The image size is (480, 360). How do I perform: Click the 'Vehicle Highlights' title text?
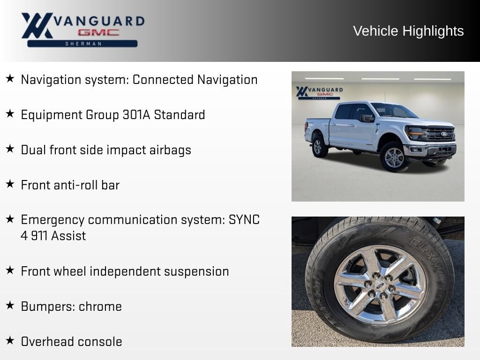(x=408, y=31)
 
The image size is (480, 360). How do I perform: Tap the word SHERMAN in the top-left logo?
(x=83, y=44)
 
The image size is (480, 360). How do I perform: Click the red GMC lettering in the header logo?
(x=98, y=32)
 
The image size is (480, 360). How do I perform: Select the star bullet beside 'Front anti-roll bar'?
(x=10, y=184)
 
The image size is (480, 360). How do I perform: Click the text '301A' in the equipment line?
(x=136, y=115)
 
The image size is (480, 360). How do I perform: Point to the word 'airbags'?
(x=170, y=150)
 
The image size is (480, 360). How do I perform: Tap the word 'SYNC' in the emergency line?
(x=244, y=220)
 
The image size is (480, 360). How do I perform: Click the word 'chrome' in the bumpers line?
(x=100, y=307)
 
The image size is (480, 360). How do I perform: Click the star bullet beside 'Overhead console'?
(x=10, y=340)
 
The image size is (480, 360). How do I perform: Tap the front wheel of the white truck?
(x=394, y=157)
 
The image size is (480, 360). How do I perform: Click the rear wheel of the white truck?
(x=319, y=147)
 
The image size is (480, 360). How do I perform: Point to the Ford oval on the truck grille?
(x=444, y=134)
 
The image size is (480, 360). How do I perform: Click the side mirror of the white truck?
(x=367, y=118)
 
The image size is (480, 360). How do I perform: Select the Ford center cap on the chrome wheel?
(x=380, y=285)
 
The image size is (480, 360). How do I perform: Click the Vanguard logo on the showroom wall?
(x=319, y=93)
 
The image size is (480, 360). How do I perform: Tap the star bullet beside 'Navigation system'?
(x=10, y=78)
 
